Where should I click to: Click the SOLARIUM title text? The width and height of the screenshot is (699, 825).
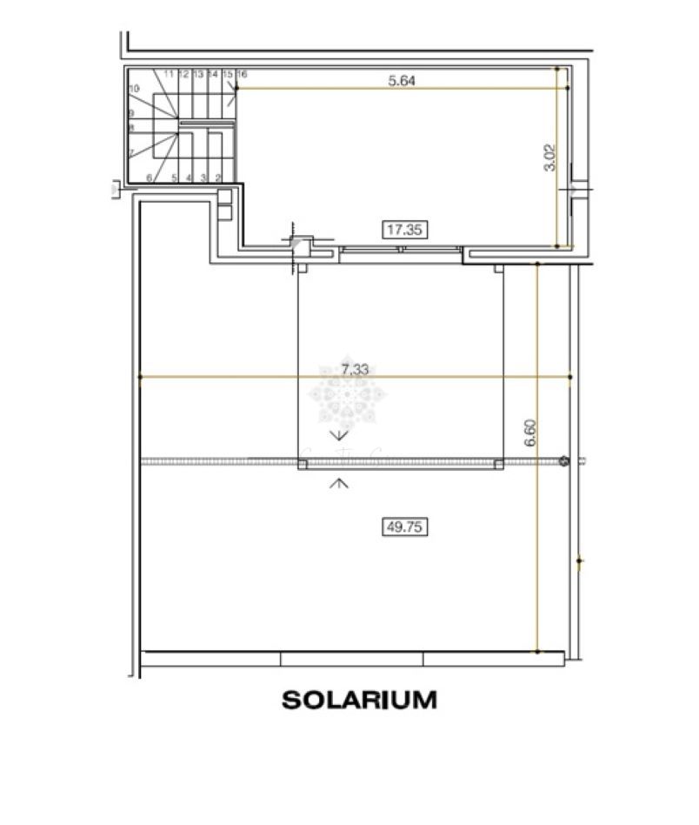(x=359, y=700)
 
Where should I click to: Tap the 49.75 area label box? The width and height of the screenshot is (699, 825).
(x=406, y=526)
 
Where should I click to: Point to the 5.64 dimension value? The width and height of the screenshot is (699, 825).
(x=401, y=81)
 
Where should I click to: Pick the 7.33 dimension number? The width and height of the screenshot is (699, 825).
(x=355, y=370)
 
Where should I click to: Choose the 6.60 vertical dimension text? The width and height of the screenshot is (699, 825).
(x=529, y=433)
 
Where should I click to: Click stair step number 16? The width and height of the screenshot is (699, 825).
(x=242, y=75)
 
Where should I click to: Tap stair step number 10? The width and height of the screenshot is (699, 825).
(x=134, y=89)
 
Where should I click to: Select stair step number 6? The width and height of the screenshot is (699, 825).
(x=150, y=178)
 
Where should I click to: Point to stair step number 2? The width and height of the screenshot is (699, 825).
(x=217, y=178)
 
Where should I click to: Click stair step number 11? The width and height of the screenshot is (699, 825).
(x=168, y=75)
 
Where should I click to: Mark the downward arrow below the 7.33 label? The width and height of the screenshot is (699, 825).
(x=339, y=434)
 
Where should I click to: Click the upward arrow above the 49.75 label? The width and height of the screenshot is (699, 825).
(x=339, y=482)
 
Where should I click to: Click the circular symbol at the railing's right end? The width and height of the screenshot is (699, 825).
(x=564, y=461)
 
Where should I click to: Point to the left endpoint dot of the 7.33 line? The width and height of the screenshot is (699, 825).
(x=140, y=377)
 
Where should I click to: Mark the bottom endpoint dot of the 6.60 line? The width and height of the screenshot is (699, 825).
(x=537, y=650)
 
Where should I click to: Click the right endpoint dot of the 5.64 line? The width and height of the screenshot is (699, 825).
(x=568, y=88)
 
